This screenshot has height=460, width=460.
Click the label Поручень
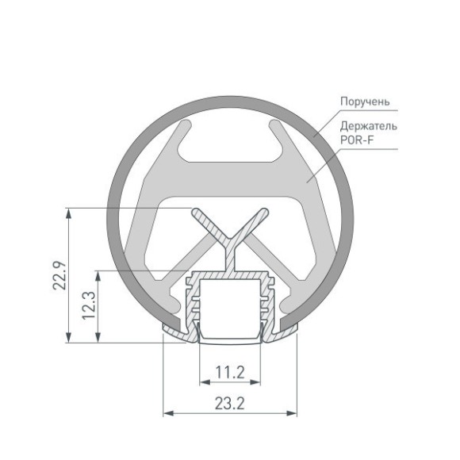pyautogui.click(x=363, y=102)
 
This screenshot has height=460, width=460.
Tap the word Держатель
pyautogui.click(x=369, y=126)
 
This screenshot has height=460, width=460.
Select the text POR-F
pyautogui.click(x=357, y=140)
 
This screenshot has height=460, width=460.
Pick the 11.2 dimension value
pyautogui.click(x=229, y=370)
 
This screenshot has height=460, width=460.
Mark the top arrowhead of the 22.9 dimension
pyautogui.click(x=71, y=213)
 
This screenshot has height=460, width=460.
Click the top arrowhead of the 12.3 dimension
pyautogui.click(x=98, y=274)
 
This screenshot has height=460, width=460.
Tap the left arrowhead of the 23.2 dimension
pyautogui.click(x=167, y=413)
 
